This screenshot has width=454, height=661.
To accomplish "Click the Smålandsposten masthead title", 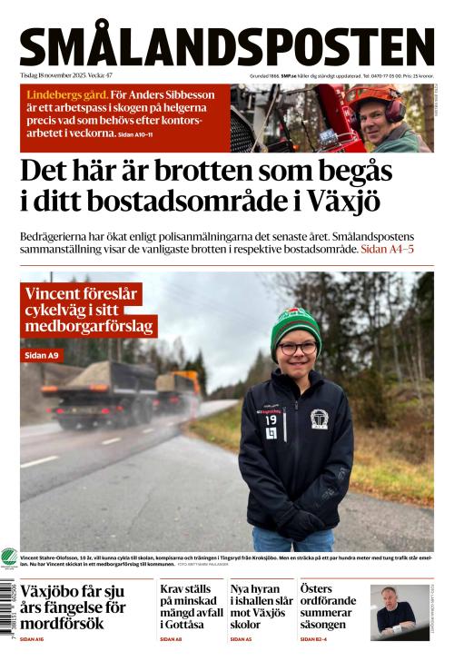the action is coord(227,46).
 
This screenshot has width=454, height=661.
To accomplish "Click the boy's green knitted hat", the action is coord(296,323).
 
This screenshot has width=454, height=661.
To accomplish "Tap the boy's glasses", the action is coord(298,348).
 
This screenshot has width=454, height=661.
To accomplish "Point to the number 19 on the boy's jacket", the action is coord(271,420).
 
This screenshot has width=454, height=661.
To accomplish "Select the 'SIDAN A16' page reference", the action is coord(35,639).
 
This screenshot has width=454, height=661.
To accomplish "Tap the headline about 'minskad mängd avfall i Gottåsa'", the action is coord(188,606).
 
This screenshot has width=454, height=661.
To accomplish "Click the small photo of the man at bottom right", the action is coord(399,612).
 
